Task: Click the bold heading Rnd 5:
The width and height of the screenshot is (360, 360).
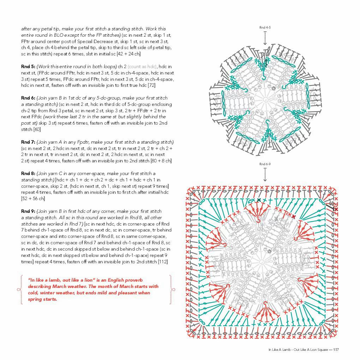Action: point(28,66)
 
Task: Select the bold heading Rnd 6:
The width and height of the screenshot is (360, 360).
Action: point(28,98)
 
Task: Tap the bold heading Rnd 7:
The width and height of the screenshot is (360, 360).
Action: point(28,142)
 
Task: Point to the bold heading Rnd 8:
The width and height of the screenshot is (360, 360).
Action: point(28,173)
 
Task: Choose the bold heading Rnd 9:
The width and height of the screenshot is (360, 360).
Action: point(28,211)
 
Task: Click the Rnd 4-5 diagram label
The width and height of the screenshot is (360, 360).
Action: point(265,28)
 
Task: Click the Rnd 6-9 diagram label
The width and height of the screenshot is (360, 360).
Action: point(265,164)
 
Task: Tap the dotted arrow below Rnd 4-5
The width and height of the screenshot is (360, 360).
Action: point(265,38)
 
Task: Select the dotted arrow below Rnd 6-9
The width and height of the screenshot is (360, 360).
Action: point(265,175)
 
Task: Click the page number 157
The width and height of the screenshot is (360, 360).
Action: point(336,350)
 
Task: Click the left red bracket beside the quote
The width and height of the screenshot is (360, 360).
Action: point(20,290)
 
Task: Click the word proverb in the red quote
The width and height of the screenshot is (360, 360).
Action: point(134,280)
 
